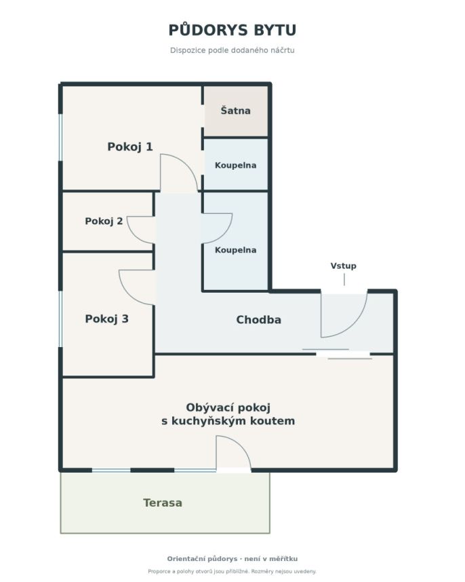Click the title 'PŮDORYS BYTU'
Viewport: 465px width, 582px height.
pos(232,30)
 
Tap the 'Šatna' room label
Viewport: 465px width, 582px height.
pos(235,110)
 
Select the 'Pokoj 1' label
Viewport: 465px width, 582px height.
pos(130,147)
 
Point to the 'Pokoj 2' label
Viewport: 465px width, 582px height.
pos(104,221)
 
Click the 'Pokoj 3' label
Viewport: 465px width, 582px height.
pos(106,319)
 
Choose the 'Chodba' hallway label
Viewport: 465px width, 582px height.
pos(259,320)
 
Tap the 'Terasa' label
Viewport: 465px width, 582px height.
pos(163,503)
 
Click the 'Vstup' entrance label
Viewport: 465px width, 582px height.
pos(344,266)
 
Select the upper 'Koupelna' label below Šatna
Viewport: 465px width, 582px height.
pos(235,165)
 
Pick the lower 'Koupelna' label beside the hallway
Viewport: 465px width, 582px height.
pos(235,250)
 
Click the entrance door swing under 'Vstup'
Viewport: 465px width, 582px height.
pos(356,323)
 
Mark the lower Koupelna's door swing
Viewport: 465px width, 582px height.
pos(226,234)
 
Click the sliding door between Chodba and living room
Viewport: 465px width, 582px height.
pos(337,354)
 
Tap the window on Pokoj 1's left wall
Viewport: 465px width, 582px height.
pos(60,137)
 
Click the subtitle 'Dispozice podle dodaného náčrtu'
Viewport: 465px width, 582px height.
pos(232,50)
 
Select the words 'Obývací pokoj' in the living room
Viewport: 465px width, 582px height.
pos(228,407)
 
